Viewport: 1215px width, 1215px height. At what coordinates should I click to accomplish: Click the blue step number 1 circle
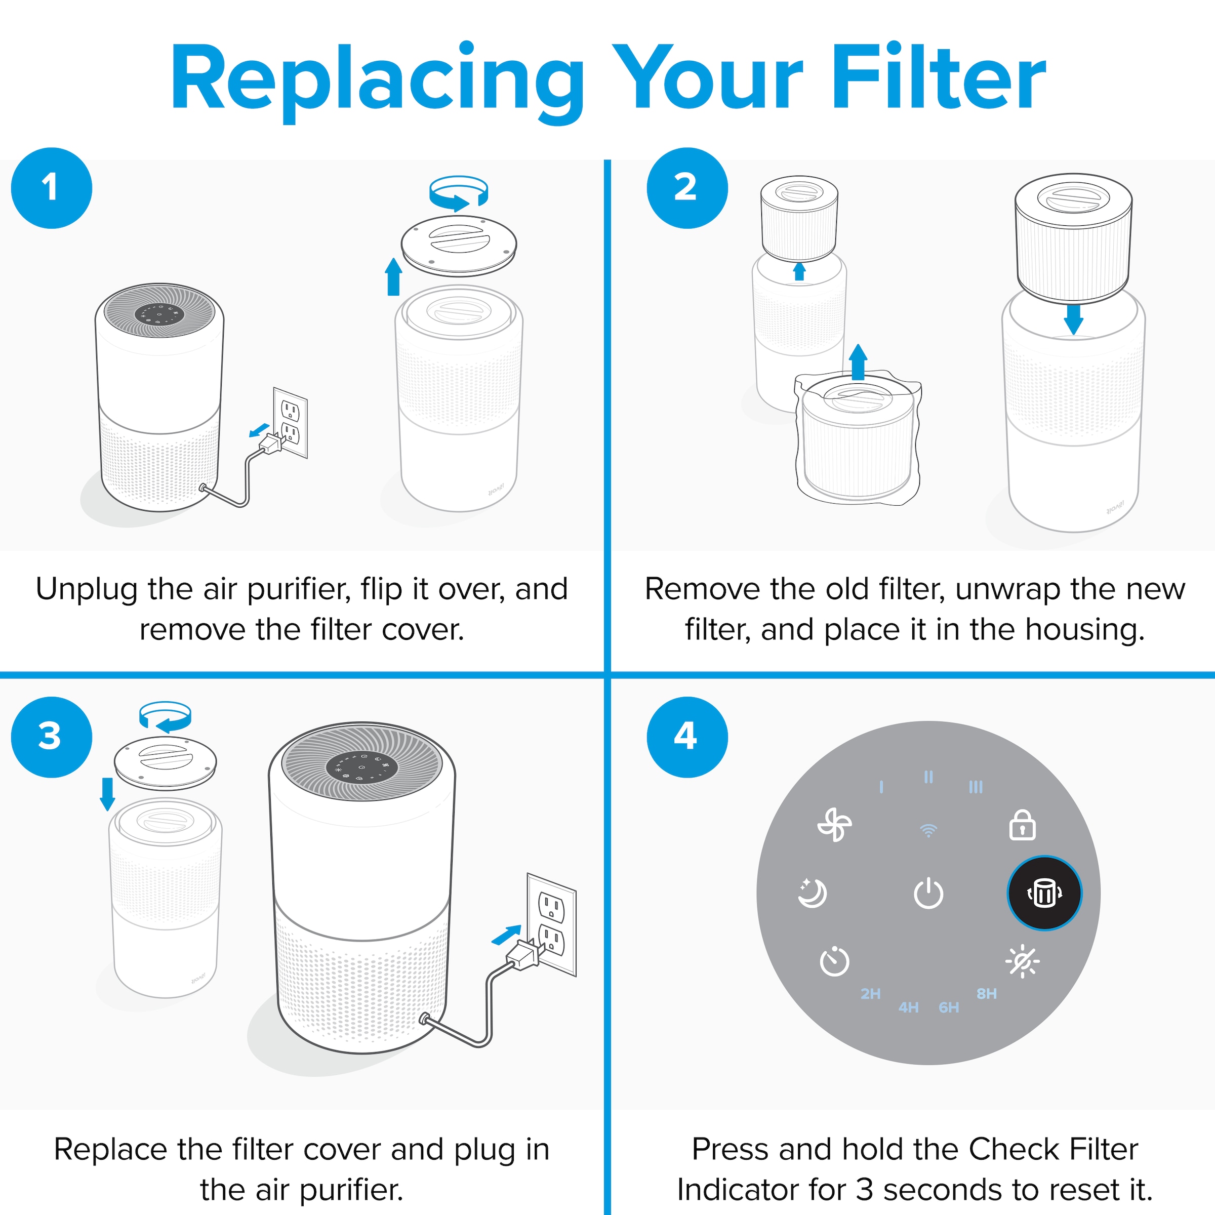[x=52, y=188]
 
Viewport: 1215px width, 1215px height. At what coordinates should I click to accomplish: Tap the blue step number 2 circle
[x=687, y=188]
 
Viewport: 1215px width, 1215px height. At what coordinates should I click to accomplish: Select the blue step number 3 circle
[x=52, y=737]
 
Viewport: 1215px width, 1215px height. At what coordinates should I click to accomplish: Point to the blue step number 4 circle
[x=687, y=737]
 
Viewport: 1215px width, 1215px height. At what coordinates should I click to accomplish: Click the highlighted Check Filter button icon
[x=1044, y=893]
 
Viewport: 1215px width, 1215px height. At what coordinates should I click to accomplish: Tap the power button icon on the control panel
[x=928, y=894]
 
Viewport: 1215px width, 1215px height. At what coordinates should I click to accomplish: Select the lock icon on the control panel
[x=1022, y=825]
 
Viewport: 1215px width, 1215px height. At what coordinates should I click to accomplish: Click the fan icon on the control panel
[x=834, y=825]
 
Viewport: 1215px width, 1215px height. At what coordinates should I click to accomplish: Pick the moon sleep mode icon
[x=812, y=893]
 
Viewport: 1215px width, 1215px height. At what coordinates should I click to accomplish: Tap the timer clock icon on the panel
[x=834, y=961]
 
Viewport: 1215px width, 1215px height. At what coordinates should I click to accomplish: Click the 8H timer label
[x=987, y=994]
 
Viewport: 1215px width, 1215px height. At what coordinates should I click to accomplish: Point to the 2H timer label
[x=870, y=994]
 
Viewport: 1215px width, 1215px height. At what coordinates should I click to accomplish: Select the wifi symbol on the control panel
[x=928, y=830]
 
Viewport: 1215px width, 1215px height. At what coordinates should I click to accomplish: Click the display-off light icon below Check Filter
[x=1023, y=961]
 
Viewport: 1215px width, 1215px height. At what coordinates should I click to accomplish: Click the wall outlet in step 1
[x=291, y=423]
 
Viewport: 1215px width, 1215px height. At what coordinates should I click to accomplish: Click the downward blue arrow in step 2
[x=1073, y=319]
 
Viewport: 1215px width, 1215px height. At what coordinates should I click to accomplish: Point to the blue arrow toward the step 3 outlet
[x=506, y=935]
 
